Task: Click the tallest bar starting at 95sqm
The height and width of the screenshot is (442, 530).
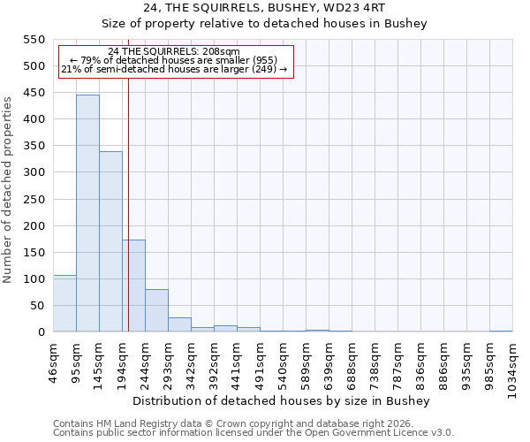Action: (87, 213)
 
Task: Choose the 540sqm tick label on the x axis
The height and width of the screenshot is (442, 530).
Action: (284, 362)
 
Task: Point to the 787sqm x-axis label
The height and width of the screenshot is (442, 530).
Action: (398, 362)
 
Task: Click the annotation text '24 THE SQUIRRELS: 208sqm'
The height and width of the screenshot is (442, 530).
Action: (173, 51)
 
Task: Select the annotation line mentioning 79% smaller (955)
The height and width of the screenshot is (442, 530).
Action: (173, 60)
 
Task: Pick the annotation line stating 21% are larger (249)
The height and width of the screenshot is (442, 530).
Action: (173, 69)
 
